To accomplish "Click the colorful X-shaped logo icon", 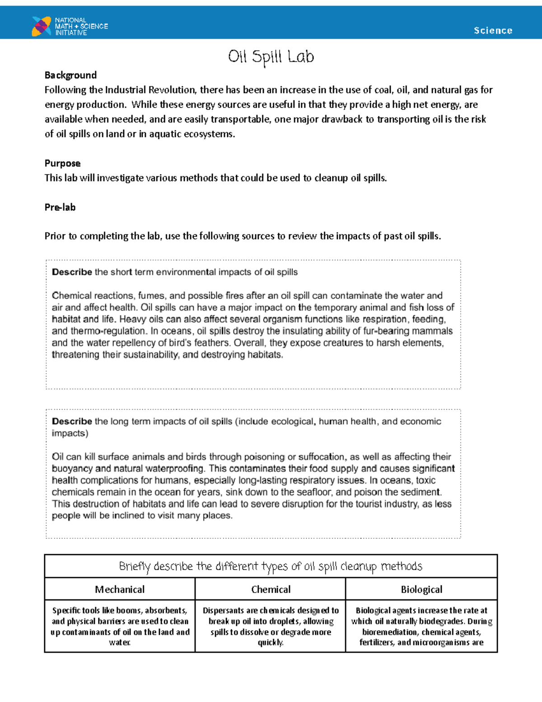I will click(x=41, y=26).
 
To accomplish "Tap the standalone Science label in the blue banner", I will click(x=493, y=30).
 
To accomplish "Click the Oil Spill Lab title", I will click(x=271, y=57).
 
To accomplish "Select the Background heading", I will click(x=70, y=75).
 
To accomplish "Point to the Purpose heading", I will click(x=62, y=163).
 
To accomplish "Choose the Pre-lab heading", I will click(x=60, y=207).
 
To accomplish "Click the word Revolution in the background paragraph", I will click(x=172, y=90).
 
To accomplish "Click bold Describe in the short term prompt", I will click(x=72, y=272).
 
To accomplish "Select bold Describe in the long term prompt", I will click(x=72, y=421).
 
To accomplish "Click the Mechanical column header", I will click(x=120, y=589).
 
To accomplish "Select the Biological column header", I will click(x=421, y=589).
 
